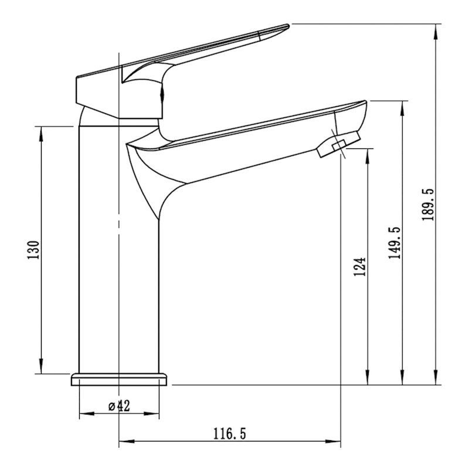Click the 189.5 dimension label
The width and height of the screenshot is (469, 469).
[x=428, y=205]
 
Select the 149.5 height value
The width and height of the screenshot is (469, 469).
[x=394, y=243]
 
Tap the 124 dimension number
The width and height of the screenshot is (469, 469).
[x=360, y=267]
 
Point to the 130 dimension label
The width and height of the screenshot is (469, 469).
[x=33, y=250]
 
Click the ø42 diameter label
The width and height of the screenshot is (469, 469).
[x=120, y=406]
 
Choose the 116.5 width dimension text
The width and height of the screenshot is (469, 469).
[x=229, y=434]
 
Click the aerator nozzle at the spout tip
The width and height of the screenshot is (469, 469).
[x=339, y=144]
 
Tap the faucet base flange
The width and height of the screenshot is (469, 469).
[x=119, y=379]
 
